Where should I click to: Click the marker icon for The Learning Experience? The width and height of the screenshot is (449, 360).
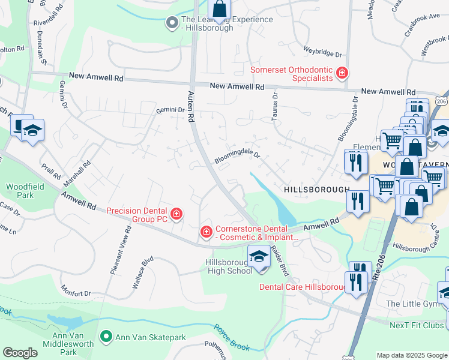[x=172, y=23]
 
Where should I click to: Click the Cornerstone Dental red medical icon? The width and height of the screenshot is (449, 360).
[x=206, y=232]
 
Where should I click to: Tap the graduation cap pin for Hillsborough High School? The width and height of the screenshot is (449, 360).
[x=259, y=256]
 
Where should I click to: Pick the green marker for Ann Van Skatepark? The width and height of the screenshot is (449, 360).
[x=106, y=338]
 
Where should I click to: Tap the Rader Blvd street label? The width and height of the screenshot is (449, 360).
[x=280, y=261]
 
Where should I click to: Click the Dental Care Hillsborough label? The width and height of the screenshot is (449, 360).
[x=303, y=287]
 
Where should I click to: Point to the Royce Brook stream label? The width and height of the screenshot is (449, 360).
[x=231, y=337]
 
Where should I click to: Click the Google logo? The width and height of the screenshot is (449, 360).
[x=20, y=353]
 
